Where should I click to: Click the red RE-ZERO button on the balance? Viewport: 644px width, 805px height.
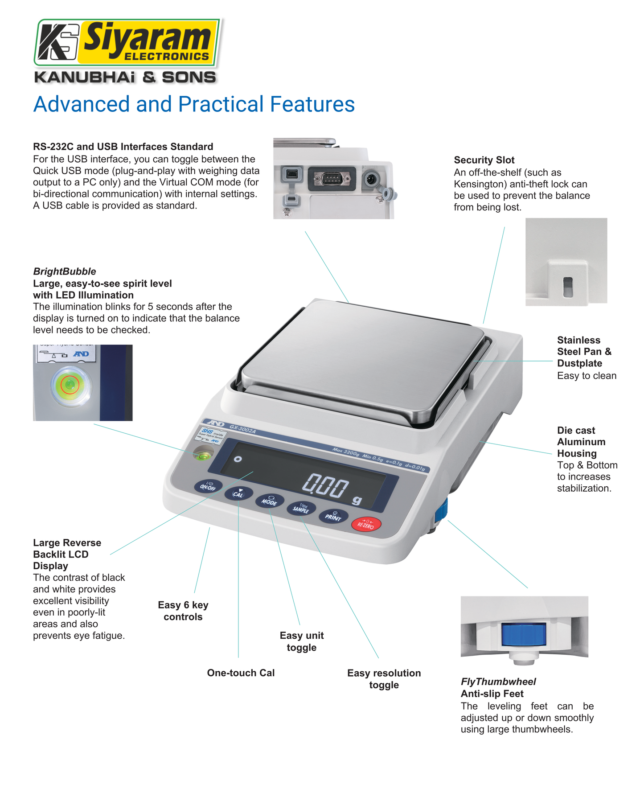366,524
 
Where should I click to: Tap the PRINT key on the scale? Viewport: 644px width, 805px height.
333,516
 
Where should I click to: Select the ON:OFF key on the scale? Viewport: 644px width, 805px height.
208,486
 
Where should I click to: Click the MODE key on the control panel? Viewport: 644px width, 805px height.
269,501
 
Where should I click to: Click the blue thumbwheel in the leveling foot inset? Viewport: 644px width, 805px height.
524,635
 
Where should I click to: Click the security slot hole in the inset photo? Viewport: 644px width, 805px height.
567,287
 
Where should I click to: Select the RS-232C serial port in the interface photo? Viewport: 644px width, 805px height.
332,179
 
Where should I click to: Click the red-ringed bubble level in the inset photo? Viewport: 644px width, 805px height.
69,384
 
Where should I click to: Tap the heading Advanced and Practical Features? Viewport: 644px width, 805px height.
194,104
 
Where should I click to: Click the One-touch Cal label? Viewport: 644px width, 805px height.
241,673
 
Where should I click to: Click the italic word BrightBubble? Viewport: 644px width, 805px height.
65,271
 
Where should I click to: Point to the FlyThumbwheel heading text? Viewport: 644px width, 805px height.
498,682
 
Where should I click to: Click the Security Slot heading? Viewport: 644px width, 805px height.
484,160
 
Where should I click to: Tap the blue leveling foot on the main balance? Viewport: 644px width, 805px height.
441,510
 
